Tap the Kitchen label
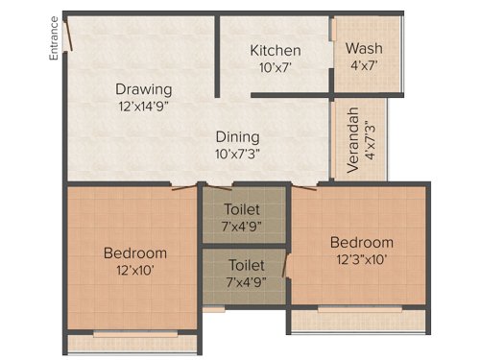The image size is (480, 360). coord(276,51)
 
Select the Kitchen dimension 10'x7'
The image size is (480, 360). coord(276,68)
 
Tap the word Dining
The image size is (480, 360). coord(236,136)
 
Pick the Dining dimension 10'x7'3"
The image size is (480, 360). coord(236,154)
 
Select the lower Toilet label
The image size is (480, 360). coord(244,264)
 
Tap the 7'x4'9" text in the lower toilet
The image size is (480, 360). coord(244,281)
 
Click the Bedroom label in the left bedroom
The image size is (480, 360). coord(135,253)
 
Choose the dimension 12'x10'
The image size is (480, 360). coord(135,271)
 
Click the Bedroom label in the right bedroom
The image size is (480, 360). coord(362,242)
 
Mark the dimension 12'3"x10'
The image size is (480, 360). coord(362,258)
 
